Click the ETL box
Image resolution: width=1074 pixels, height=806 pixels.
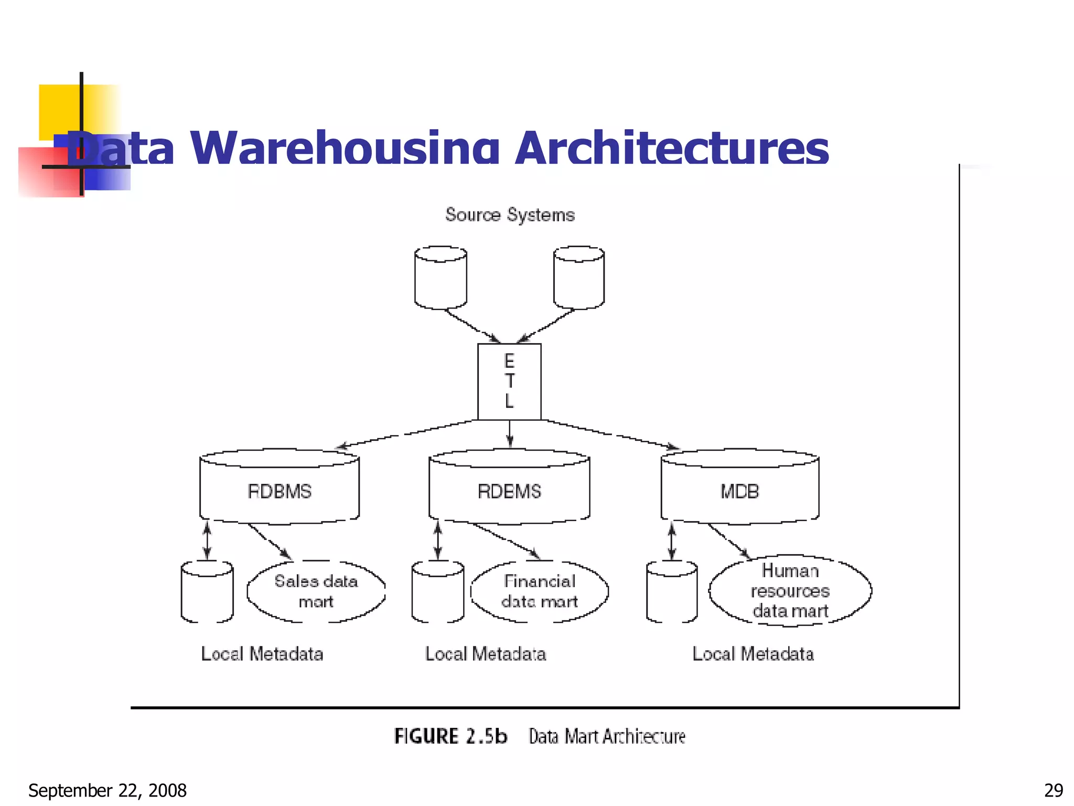[509, 381]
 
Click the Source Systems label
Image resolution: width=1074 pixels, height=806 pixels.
[510, 215]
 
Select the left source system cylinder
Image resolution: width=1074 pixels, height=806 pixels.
[441, 278]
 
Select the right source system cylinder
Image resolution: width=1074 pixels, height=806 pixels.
[579, 278]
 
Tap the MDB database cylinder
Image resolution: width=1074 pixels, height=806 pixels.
[739, 488]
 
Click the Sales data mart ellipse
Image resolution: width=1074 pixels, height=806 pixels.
[316, 591]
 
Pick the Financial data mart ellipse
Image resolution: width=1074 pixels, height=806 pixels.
[540, 591]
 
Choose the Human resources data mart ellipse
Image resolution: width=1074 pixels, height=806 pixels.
[790, 591]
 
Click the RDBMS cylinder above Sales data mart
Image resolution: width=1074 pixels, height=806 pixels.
[280, 488]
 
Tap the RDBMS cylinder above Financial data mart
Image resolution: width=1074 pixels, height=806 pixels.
[509, 488]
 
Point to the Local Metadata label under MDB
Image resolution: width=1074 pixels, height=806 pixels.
[753, 654]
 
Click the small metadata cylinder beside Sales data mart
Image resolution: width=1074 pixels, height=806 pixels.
[207, 593]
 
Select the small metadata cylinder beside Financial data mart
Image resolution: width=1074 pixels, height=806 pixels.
[438, 593]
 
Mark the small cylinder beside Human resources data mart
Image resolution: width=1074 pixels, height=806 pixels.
[672, 593]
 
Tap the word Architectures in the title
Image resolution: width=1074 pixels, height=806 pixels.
[672, 149]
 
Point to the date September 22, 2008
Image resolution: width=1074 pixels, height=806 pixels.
[108, 790]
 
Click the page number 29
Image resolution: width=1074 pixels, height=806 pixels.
[1054, 790]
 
